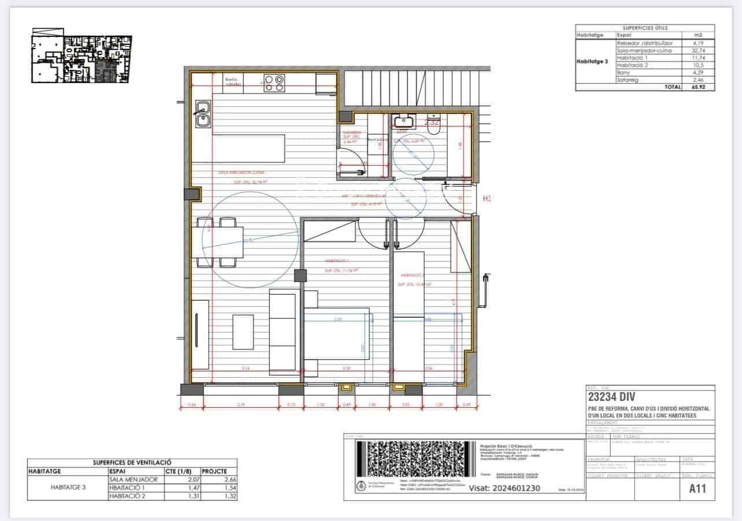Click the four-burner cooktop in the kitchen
[274, 84]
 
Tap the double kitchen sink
[202, 114]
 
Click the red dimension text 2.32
[432, 122]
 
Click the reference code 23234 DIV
[611, 397]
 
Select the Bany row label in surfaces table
[624, 73]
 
